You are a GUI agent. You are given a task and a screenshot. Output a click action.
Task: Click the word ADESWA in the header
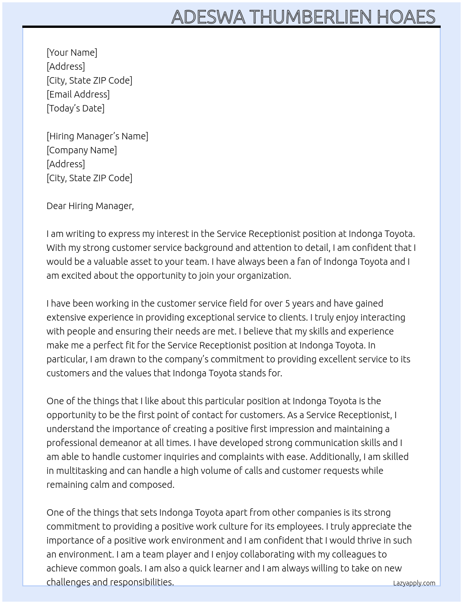click(x=208, y=17)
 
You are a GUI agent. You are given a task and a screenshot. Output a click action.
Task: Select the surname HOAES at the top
click(x=406, y=17)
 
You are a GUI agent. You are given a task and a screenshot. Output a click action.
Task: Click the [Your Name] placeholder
click(x=72, y=53)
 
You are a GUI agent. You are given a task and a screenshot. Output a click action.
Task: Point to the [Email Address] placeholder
click(x=78, y=94)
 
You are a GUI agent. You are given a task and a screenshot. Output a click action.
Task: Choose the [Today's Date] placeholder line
click(x=75, y=108)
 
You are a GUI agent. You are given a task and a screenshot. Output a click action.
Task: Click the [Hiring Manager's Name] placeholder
click(x=97, y=136)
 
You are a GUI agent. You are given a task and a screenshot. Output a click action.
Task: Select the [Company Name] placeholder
click(x=82, y=150)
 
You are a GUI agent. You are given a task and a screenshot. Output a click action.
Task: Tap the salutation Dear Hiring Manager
click(x=90, y=206)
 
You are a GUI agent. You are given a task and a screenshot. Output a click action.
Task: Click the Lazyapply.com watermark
click(x=414, y=583)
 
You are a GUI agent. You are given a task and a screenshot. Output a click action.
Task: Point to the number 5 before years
click(x=288, y=303)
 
